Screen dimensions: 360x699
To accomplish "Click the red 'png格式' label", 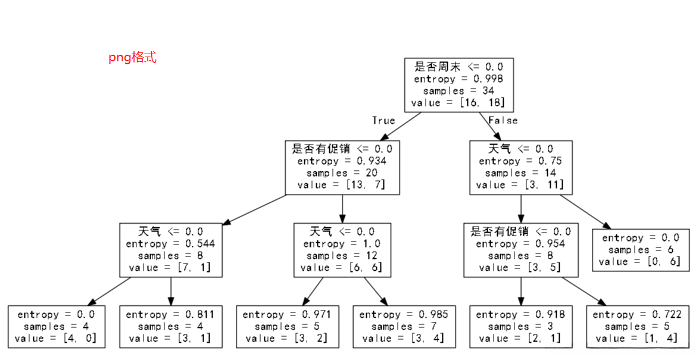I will pos(132,58).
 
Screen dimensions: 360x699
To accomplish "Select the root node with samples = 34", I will pos(458,84).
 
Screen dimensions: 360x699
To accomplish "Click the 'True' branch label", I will pos(383,121).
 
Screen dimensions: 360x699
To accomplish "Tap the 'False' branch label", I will pos(503,121).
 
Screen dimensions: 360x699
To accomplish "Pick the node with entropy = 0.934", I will pos(342,167).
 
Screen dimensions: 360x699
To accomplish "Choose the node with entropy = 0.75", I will pos(520,167).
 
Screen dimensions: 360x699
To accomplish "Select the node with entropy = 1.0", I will pos(342,250).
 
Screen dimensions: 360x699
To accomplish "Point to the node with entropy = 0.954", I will pos(520,250).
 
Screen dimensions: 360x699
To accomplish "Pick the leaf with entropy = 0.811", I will pos(170,326).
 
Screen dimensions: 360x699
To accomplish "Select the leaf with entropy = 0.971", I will pos(287,326).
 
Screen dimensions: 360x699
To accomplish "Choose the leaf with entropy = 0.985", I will pos(404,326).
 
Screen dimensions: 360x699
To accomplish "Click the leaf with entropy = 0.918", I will pos(520,326).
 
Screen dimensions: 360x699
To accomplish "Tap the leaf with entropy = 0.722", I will pos(637,326).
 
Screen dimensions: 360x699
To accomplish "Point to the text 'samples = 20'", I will pos(342,173).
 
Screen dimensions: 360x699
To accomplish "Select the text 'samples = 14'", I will pos(520,173).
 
